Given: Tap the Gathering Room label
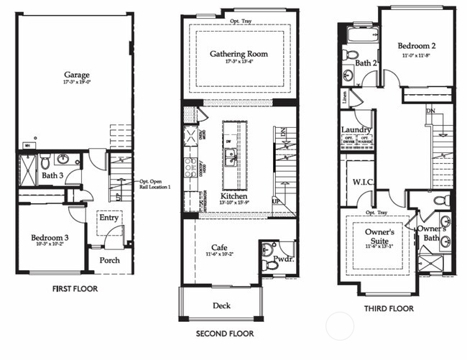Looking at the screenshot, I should pyautogui.click(x=239, y=54).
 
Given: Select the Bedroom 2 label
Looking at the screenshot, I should pyautogui.click(x=418, y=45).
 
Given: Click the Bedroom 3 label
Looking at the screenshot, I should pyautogui.click(x=50, y=238).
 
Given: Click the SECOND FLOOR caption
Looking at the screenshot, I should pyautogui.click(x=225, y=334).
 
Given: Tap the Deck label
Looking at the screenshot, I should pyautogui.click(x=221, y=306).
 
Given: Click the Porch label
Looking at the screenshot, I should pyautogui.click(x=109, y=260).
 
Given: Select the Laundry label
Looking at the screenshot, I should pyautogui.click(x=356, y=130).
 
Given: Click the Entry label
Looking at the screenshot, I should pyautogui.click(x=109, y=218).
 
